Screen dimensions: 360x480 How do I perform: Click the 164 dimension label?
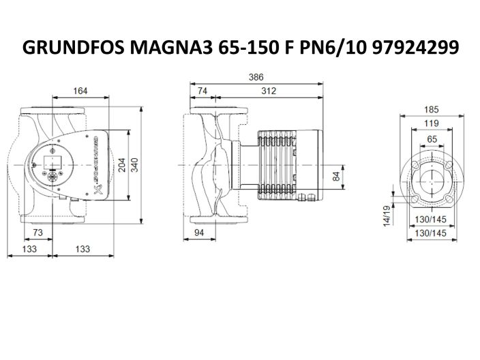click(81, 91)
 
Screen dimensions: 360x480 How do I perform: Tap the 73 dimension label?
click(38, 233)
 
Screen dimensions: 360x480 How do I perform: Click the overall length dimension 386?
click(255, 78)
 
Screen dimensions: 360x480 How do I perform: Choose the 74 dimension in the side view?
click(202, 91)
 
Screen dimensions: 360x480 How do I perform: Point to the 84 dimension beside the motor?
click(335, 177)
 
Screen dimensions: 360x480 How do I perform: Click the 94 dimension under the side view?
click(198, 233)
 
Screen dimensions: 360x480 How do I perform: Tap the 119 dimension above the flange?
click(431, 123)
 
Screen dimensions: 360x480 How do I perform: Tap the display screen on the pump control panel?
click(50, 164)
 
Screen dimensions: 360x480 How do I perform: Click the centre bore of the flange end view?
click(432, 179)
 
